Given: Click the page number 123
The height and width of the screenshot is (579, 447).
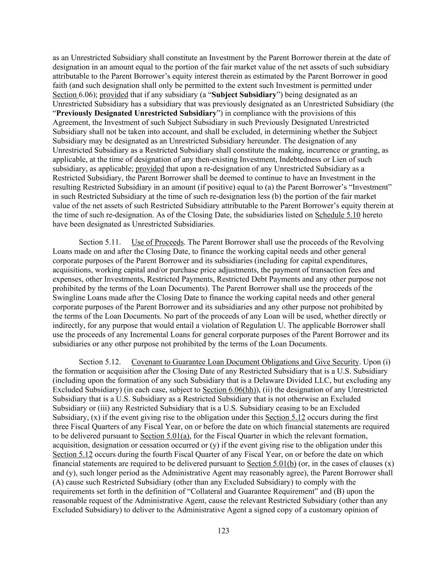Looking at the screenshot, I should click(223, 531).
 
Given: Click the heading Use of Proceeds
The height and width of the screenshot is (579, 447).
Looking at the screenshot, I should click(157, 242).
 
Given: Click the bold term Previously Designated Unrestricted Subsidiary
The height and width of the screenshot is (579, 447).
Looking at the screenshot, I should click(136, 113).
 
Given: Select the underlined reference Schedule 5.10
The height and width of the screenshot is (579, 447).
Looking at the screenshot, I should click(337, 215).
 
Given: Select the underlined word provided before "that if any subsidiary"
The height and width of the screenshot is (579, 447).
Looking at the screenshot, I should click(114, 95).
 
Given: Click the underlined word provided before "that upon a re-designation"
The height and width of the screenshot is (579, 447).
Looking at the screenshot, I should click(150, 168).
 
